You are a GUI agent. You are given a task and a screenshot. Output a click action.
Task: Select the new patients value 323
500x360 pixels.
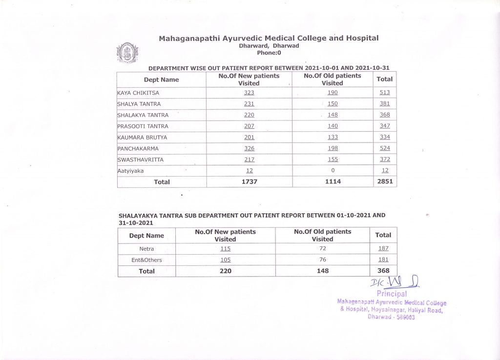coord(249,93)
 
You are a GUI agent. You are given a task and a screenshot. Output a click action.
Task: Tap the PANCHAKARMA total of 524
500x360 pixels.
coord(385,148)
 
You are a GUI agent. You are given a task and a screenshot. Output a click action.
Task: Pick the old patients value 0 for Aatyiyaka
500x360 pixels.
coord(333,171)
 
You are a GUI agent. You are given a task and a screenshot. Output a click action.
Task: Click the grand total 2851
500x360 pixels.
coord(385,181)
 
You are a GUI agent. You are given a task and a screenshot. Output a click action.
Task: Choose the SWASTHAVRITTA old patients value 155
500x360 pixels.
coord(333,160)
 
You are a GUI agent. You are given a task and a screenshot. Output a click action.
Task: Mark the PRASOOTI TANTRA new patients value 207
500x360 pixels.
coord(249,126)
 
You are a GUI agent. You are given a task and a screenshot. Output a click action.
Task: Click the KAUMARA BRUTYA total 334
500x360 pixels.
coord(385,137)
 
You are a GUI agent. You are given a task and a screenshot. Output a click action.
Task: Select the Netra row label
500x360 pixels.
coord(146,249)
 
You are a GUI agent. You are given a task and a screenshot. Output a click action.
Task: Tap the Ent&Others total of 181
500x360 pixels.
coord(383,260)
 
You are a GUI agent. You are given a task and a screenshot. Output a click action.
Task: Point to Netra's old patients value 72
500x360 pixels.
coord(322,249)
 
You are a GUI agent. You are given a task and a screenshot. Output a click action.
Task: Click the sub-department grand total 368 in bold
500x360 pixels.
coord(383,271)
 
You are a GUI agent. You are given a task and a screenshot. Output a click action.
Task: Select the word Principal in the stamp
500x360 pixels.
coord(392,294)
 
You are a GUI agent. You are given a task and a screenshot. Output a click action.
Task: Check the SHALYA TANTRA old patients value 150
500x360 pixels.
coord(333,104)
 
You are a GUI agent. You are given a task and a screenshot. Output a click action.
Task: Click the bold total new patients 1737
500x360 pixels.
coord(249,181)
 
